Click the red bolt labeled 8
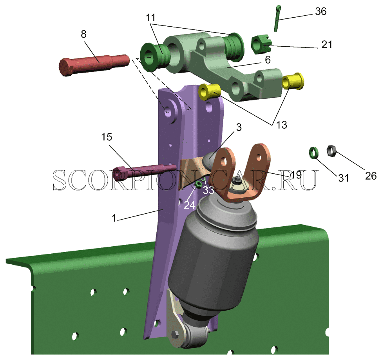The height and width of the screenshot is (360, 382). point(94,65)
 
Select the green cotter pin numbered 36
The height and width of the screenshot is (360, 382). point(277,18)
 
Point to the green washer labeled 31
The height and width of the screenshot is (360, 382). point(313,153)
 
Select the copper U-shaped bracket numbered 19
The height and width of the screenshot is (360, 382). point(241,173)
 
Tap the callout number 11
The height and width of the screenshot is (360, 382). point(150,17)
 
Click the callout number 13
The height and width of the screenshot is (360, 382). point(281,125)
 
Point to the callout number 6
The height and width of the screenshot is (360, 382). point(268,60)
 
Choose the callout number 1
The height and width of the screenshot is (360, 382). point(114,218)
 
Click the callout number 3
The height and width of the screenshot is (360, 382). point(239,127)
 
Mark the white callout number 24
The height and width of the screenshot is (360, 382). point(190,205)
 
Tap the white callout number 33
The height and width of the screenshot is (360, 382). point(208,190)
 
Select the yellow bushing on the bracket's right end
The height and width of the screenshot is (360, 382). point(293,81)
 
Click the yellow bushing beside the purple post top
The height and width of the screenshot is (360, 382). point(210,92)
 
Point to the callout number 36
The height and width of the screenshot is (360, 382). point(320,11)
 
